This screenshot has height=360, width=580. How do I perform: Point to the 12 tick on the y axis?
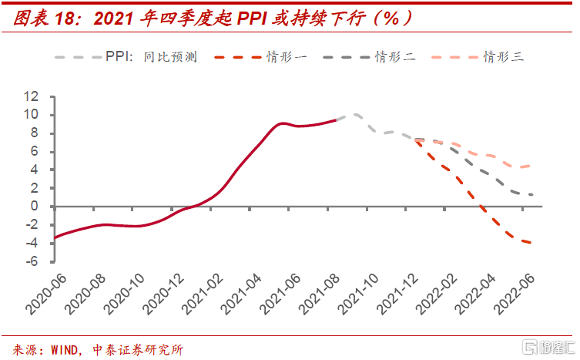click(x=32, y=96)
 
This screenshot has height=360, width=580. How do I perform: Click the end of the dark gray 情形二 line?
click(x=531, y=194)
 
